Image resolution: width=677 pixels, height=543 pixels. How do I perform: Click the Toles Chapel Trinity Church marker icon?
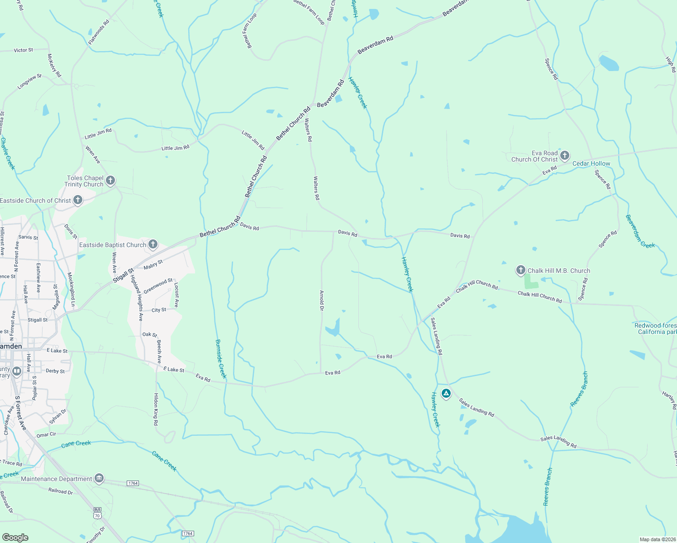tap(110, 181)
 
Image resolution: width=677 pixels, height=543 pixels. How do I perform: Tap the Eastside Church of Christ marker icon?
tap(78, 200)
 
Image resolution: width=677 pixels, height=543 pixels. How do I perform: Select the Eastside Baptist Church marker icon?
tap(153, 244)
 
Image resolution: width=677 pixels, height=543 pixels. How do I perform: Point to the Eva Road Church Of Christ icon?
tap(564, 156)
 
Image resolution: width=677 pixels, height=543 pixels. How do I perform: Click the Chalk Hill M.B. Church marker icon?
tap(521, 271)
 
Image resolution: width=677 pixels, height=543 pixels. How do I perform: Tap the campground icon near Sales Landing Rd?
tap(446, 394)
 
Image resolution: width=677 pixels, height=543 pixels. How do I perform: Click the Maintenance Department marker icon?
tap(99, 478)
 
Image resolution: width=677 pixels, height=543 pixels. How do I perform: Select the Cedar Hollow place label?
tap(591, 163)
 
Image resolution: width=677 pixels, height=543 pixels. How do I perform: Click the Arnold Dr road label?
tap(322, 300)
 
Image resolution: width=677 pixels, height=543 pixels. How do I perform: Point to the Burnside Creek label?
tap(221, 359)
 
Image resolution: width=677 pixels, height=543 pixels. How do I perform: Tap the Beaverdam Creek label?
tap(640, 231)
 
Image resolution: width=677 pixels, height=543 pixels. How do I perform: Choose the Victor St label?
tap(23, 50)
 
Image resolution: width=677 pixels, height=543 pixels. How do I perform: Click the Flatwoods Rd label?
tap(99, 32)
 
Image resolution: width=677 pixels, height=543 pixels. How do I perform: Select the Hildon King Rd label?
tap(156, 409)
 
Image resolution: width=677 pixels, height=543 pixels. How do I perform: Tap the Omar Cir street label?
tap(46, 434)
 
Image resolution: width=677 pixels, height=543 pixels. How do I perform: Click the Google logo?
tap(15, 538)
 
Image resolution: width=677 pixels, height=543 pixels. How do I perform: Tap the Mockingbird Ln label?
tap(71, 289)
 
